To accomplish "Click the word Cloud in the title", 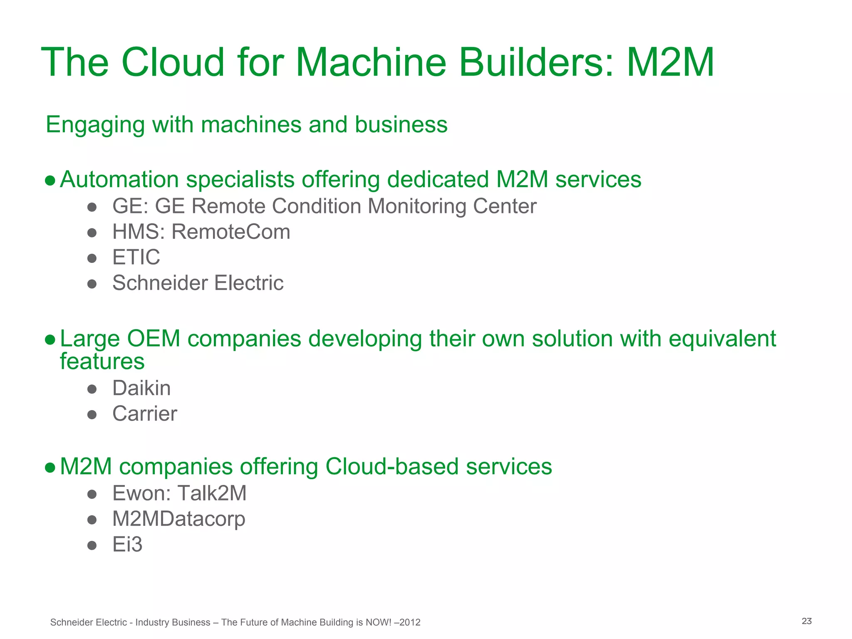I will coord(173,62).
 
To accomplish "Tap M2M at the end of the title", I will coord(670,62).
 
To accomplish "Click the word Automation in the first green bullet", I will coord(119,180).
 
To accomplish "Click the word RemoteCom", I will coord(231,232).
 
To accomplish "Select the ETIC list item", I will coord(136,257).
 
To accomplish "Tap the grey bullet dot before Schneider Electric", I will coord(92,284).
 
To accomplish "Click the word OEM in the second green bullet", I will coord(154,339).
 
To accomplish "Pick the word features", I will coord(102,361).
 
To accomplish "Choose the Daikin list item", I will coord(141,388).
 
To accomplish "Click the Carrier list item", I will coord(145,414).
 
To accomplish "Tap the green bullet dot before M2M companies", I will coord(50,467).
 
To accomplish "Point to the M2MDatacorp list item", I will coord(179,519).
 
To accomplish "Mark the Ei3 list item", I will coord(127,545).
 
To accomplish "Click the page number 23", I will coord(807,621).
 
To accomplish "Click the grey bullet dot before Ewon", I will coord(92,494).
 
